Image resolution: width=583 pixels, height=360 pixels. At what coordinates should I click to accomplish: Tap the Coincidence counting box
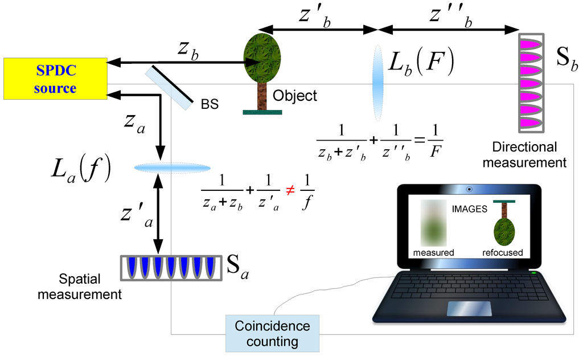(272, 334)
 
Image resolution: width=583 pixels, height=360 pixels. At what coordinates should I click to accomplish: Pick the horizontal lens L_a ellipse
(172, 168)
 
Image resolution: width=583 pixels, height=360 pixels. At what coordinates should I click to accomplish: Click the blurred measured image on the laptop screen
(433, 222)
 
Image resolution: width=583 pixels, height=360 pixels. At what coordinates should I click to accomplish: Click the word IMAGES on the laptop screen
(470, 209)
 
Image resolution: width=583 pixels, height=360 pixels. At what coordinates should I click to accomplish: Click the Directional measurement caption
(529, 154)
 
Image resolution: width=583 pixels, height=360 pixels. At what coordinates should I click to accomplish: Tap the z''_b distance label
(452, 17)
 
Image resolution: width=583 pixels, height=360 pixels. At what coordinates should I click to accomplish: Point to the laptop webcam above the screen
(469, 189)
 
